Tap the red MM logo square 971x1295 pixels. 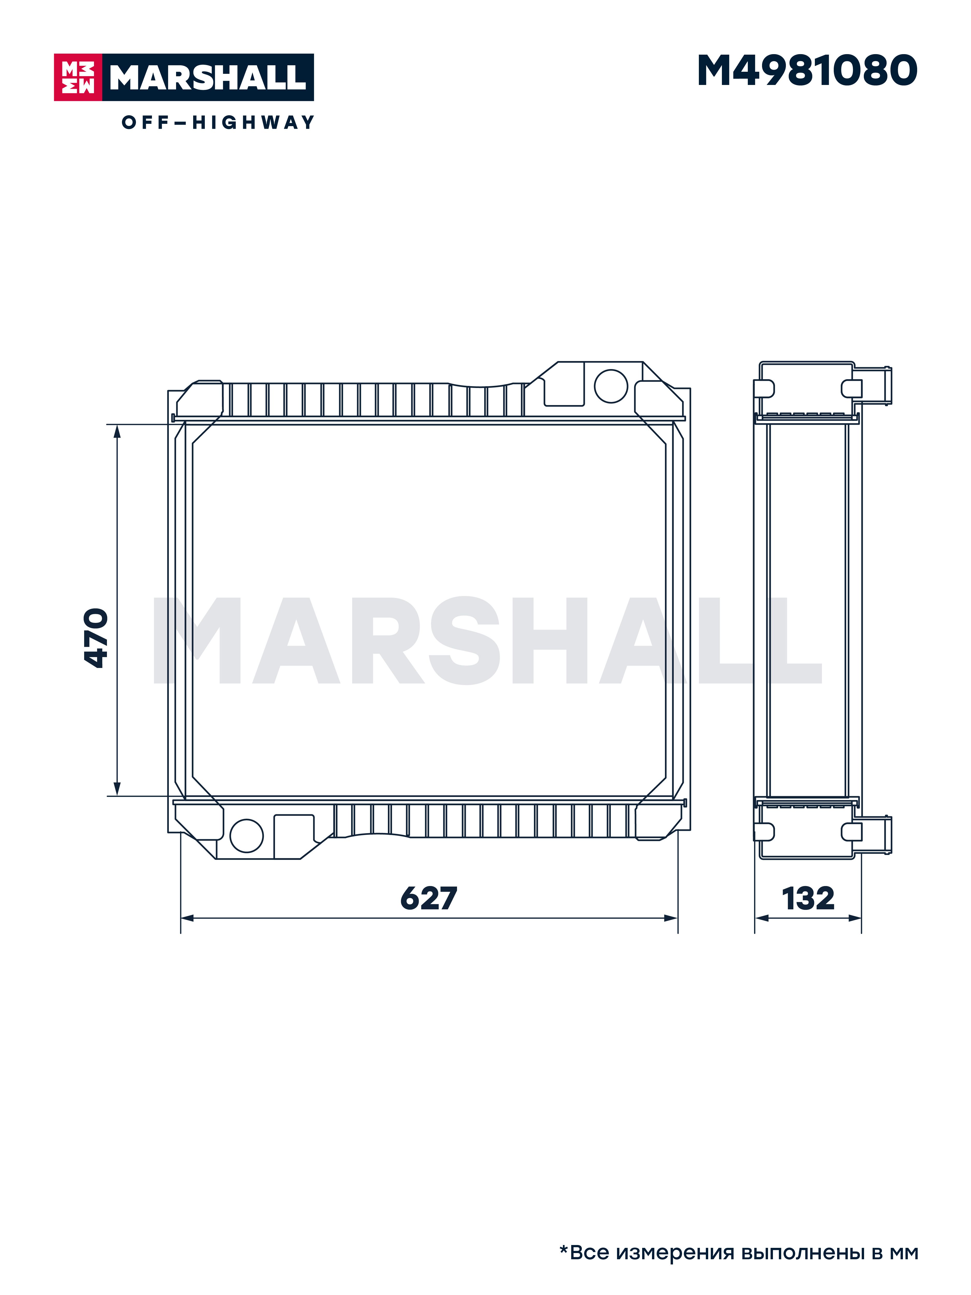(78, 77)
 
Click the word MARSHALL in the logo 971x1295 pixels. (208, 77)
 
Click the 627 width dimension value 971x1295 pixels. (429, 898)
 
